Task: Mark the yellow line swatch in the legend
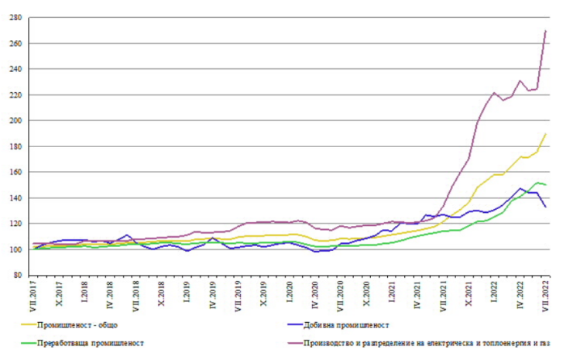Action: point(29,325)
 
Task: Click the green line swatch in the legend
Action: point(29,342)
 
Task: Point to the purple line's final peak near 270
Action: point(545,31)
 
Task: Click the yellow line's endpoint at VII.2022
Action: point(545,134)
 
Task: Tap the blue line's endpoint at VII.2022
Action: point(545,207)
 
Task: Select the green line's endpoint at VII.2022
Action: point(545,184)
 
